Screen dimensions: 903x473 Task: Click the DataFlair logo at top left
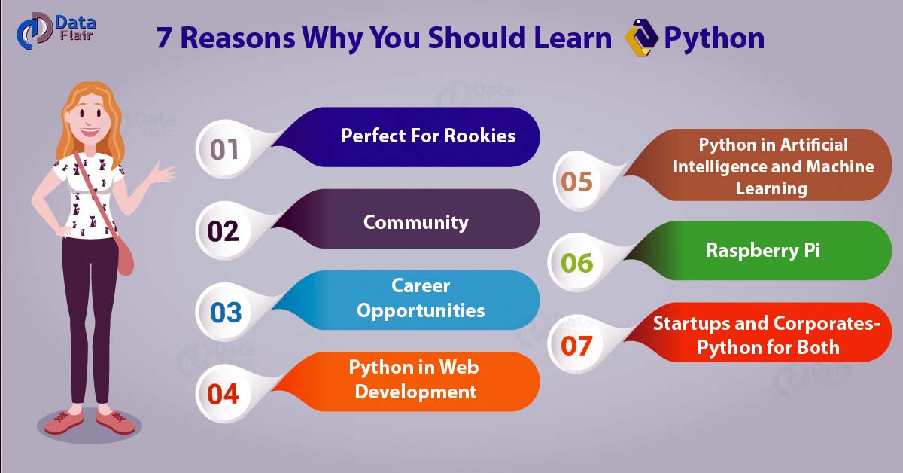(56, 31)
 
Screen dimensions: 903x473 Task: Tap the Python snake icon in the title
(641, 38)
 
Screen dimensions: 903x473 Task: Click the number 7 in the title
(163, 38)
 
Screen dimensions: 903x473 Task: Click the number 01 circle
(224, 149)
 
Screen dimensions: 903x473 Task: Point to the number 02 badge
(223, 230)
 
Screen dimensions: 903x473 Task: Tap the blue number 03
(226, 313)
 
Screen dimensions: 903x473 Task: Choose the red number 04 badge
(223, 394)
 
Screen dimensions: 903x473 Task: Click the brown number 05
(576, 182)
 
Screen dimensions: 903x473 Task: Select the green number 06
(577, 263)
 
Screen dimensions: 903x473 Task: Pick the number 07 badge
(576, 345)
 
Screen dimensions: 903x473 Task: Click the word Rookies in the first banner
(480, 136)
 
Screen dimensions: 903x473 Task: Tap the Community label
(415, 223)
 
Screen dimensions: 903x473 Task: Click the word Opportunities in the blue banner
(421, 311)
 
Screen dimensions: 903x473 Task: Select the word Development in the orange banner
(415, 392)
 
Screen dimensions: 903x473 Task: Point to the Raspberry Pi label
(763, 250)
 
